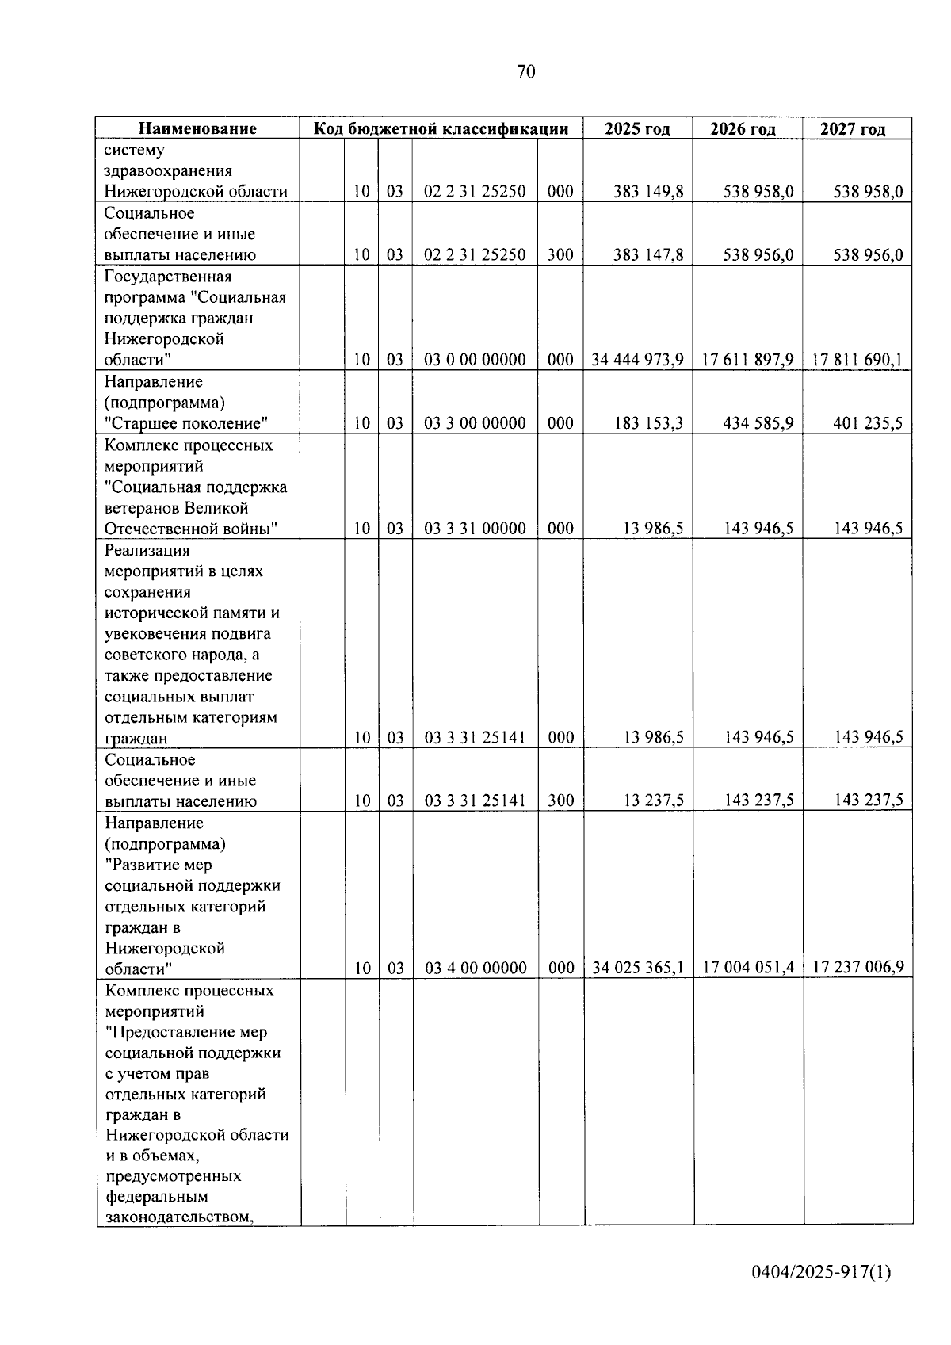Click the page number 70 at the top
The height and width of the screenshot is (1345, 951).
pyautogui.click(x=526, y=72)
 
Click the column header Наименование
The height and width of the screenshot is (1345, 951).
pyautogui.click(x=198, y=128)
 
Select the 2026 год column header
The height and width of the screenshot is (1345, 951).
pyautogui.click(x=743, y=129)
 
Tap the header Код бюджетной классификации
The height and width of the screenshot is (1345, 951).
pyautogui.click(x=441, y=128)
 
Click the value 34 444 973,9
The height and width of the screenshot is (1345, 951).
pyautogui.click(x=637, y=360)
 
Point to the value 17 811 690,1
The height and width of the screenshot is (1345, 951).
pyautogui.click(x=857, y=360)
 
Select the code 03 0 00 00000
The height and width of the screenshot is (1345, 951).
pyautogui.click(x=475, y=360)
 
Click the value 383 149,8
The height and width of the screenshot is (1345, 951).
pyautogui.click(x=648, y=192)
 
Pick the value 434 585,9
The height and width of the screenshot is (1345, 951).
pyautogui.click(x=758, y=423)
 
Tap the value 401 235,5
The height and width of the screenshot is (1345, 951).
pyautogui.click(x=867, y=423)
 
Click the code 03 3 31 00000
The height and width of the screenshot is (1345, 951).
pyautogui.click(x=475, y=529)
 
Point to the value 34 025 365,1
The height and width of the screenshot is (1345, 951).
pyautogui.click(x=638, y=968)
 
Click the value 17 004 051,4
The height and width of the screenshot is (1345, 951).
pyautogui.click(x=748, y=968)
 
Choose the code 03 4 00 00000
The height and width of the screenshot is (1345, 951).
pyautogui.click(x=475, y=968)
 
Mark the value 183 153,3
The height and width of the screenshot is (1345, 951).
pyautogui.click(x=648, y=423)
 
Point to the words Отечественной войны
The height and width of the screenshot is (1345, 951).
pyautogui.click(x=191, y=529)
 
